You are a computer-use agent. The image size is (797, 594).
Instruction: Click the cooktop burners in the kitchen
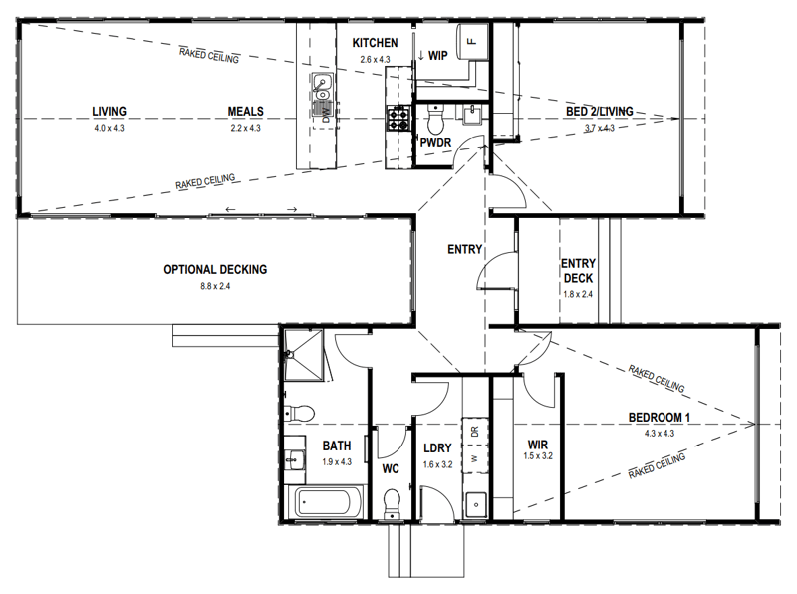(x=398, y=119)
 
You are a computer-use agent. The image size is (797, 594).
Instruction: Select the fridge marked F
(x=471, y=42)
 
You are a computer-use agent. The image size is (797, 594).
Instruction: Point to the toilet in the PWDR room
(x=434, y=123)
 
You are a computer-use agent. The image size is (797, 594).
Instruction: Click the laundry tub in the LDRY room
(x=475, y=503)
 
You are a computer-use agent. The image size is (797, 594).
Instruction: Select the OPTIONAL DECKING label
(x=215, y=269)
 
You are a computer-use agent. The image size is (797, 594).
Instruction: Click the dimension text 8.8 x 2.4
(x=215, y=286)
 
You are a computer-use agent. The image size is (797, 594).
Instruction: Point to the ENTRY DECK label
(x=578, y=271)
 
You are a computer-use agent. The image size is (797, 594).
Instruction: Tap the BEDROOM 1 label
(x=661, y=418)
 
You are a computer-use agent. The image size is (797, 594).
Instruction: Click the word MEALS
(x=245, y=111)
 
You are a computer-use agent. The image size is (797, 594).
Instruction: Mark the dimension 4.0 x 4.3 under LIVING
(x=110, y=128)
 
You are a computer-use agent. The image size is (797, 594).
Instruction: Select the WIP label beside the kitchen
(x=437, y=55)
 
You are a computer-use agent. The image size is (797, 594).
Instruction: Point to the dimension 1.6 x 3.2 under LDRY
(x=438, y=464)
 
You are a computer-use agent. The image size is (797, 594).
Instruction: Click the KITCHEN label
(x=375, y=43)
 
